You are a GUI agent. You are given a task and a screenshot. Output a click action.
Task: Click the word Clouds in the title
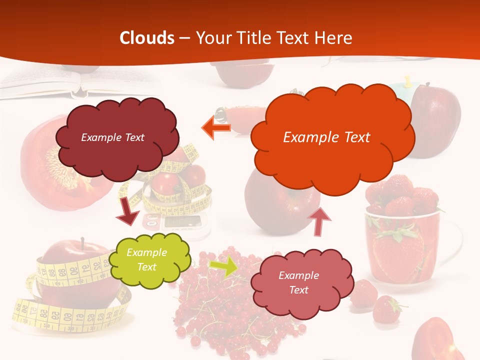click(x=147, y=38)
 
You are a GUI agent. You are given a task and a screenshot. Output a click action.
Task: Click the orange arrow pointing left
click(x=216, y=128)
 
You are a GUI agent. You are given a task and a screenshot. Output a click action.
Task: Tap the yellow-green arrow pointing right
click(x=223, y=266)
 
